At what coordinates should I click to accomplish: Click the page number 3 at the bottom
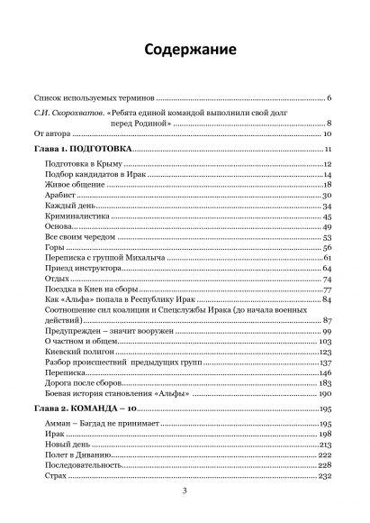[x=185, y=491]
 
